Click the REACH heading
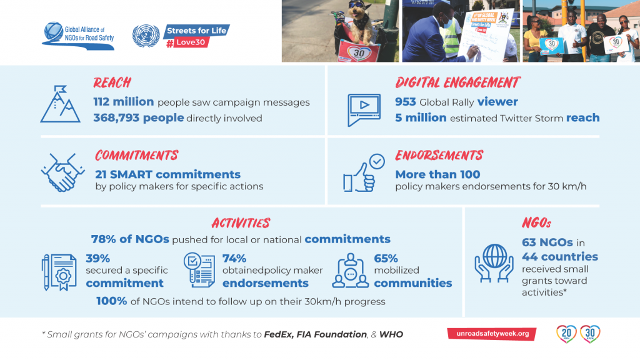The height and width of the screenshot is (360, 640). (112, 83)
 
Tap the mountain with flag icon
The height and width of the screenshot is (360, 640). (61, 104)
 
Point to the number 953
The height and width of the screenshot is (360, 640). (405, 102)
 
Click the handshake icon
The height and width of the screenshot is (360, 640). (62, 172)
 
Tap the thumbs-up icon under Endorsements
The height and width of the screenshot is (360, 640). (364, 172)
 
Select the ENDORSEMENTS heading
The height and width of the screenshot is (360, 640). (439, 156)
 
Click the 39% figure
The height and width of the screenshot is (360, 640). (98, 258)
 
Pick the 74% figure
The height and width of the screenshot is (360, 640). (234, 258)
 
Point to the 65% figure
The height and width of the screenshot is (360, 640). (386, 258)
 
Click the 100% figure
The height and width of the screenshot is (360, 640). (112, 301)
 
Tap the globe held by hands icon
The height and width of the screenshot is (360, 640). (494, 263)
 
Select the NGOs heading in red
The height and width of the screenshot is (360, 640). (536, 223)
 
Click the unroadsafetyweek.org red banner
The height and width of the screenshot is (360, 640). (492, 334)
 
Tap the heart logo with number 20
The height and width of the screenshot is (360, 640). (566, 334)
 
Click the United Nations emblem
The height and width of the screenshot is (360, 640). (146, 36)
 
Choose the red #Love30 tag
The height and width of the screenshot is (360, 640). (188, 42)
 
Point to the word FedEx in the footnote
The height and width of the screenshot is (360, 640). (278, 335)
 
